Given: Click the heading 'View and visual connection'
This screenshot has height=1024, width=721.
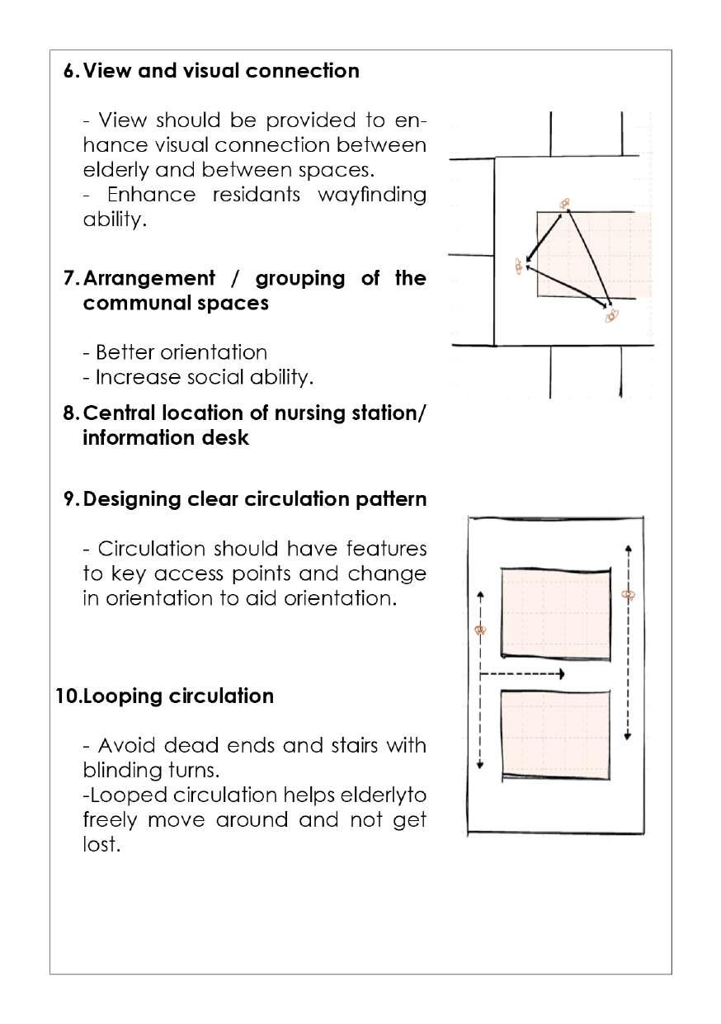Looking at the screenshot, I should click(221, 71).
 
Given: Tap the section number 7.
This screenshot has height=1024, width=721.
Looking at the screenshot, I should click(69, 278).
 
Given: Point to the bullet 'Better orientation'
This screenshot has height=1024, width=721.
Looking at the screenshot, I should click(175, 353).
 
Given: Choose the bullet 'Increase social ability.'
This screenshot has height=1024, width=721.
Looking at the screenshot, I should click(198, 378).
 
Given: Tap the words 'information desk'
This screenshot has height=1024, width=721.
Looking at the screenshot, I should click(165, 437).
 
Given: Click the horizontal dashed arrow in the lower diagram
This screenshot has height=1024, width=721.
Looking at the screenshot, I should click(521, 674).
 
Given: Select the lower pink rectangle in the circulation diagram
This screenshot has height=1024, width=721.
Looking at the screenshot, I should click(555, 734).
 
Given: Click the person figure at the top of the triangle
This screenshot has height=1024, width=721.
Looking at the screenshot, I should click(565, 203).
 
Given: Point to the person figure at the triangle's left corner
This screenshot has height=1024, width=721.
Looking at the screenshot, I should click(519, 266).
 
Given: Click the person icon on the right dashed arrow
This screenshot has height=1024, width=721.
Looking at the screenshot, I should click(628, 594).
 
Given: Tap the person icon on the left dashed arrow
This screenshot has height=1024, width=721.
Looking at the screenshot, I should click(480, 630).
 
